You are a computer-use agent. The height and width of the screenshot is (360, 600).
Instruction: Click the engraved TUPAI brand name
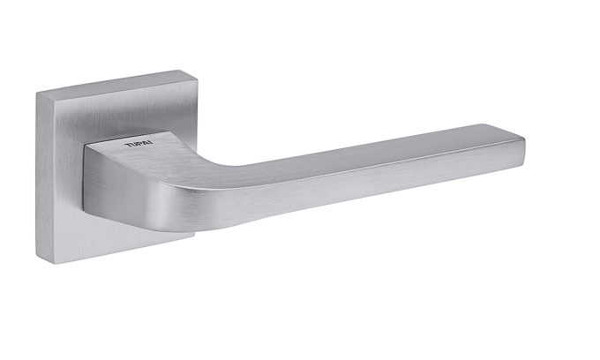(x=139, y=144)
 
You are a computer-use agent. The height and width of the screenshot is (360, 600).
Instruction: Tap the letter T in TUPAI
(x=127, y=145)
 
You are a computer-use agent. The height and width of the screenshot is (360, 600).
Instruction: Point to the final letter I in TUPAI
(x=152, y=143)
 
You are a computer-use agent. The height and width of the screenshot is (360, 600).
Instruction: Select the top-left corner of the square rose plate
(x=37, y=93)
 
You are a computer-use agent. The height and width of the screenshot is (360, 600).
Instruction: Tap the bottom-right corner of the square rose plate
(x=194, y=235)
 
